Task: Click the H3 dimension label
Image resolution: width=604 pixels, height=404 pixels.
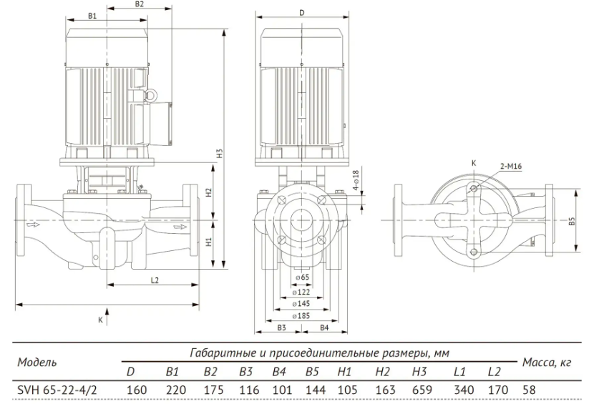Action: coord(220,154)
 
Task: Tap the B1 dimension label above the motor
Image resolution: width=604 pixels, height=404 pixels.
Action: coord(92,16)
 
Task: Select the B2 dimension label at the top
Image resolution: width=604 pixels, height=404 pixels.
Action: coord(140,4)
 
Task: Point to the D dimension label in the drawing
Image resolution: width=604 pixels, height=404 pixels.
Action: coord(301,13)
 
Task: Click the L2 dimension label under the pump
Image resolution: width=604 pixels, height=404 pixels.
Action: coord(155,280)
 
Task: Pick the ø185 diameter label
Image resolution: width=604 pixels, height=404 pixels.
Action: coord(301,316)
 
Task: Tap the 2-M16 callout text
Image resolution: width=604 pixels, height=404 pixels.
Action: coord(511,166)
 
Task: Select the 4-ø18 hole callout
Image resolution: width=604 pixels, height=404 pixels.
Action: coord(356,180)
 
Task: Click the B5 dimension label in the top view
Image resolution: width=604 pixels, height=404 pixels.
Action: coord(572,221)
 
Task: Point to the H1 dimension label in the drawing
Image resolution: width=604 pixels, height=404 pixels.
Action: coord(208,242)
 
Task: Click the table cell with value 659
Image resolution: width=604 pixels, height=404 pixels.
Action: coord(422,390)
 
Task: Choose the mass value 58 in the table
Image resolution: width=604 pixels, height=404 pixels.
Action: coord(529,390)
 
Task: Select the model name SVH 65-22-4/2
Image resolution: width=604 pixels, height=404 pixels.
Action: coord(57,390)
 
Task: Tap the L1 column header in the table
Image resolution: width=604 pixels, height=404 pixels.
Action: coord(459,372)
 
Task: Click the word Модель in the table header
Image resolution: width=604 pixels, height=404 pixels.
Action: coord(37,362)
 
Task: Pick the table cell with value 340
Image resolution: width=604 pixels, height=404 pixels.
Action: coord(464,390)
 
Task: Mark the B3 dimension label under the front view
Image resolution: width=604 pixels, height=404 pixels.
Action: coord(281,327)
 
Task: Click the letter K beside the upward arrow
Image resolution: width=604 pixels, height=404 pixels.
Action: coord(100,320)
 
